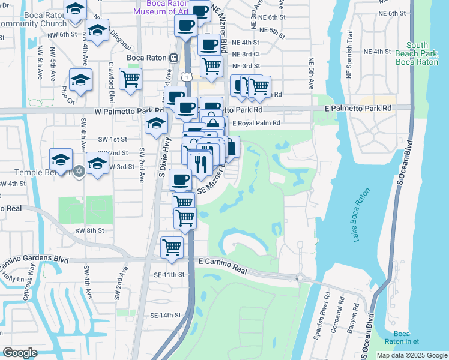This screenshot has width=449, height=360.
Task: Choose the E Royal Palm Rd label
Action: [256, 123]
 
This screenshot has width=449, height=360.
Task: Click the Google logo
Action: [20, 352]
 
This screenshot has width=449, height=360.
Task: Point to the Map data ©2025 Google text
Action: [411, 355]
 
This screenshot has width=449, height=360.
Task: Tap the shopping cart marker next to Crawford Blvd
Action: [130, 78]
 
